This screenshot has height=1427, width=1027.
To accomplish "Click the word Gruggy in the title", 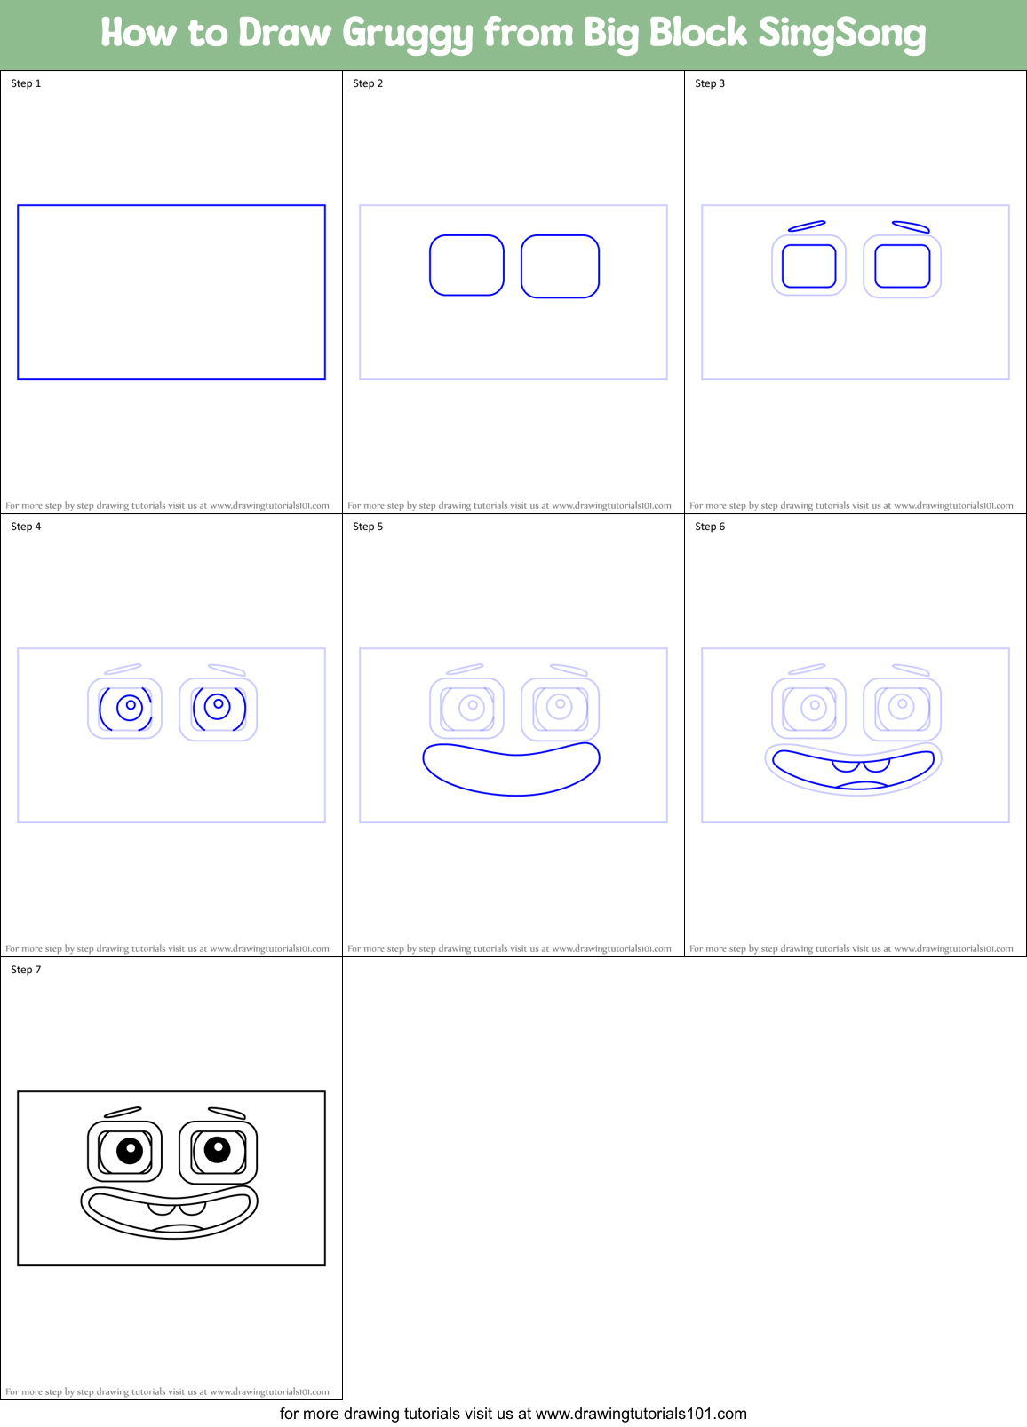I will point(407,34).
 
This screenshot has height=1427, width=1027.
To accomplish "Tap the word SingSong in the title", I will point(840,34).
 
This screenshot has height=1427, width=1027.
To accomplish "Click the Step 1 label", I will point(26,83).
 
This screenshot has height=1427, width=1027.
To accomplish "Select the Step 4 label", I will point(26,527).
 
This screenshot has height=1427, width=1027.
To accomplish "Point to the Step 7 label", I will point(26,970).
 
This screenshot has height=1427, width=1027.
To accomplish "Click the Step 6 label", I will point(710,527).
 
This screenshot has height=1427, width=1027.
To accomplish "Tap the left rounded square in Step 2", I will point(466,266).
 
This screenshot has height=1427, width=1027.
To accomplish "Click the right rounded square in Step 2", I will point(560,266).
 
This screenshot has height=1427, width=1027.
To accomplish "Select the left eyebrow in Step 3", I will point(807,226).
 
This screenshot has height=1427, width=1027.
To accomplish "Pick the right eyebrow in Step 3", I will point(911,227).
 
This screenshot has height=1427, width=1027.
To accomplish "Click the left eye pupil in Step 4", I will point(131,706).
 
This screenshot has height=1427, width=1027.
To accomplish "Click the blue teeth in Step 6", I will point(860,765).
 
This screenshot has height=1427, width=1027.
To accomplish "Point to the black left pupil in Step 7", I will point(130,1152).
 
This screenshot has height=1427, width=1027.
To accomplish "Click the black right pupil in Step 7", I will point(218,1150).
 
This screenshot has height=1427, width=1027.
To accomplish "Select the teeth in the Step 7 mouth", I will point(177,1208).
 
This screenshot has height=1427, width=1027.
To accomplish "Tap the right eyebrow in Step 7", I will point(227,1113).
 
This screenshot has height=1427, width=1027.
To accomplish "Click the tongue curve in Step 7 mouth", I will point(178,1228).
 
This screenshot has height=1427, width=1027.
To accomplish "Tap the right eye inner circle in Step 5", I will point(560,706).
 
